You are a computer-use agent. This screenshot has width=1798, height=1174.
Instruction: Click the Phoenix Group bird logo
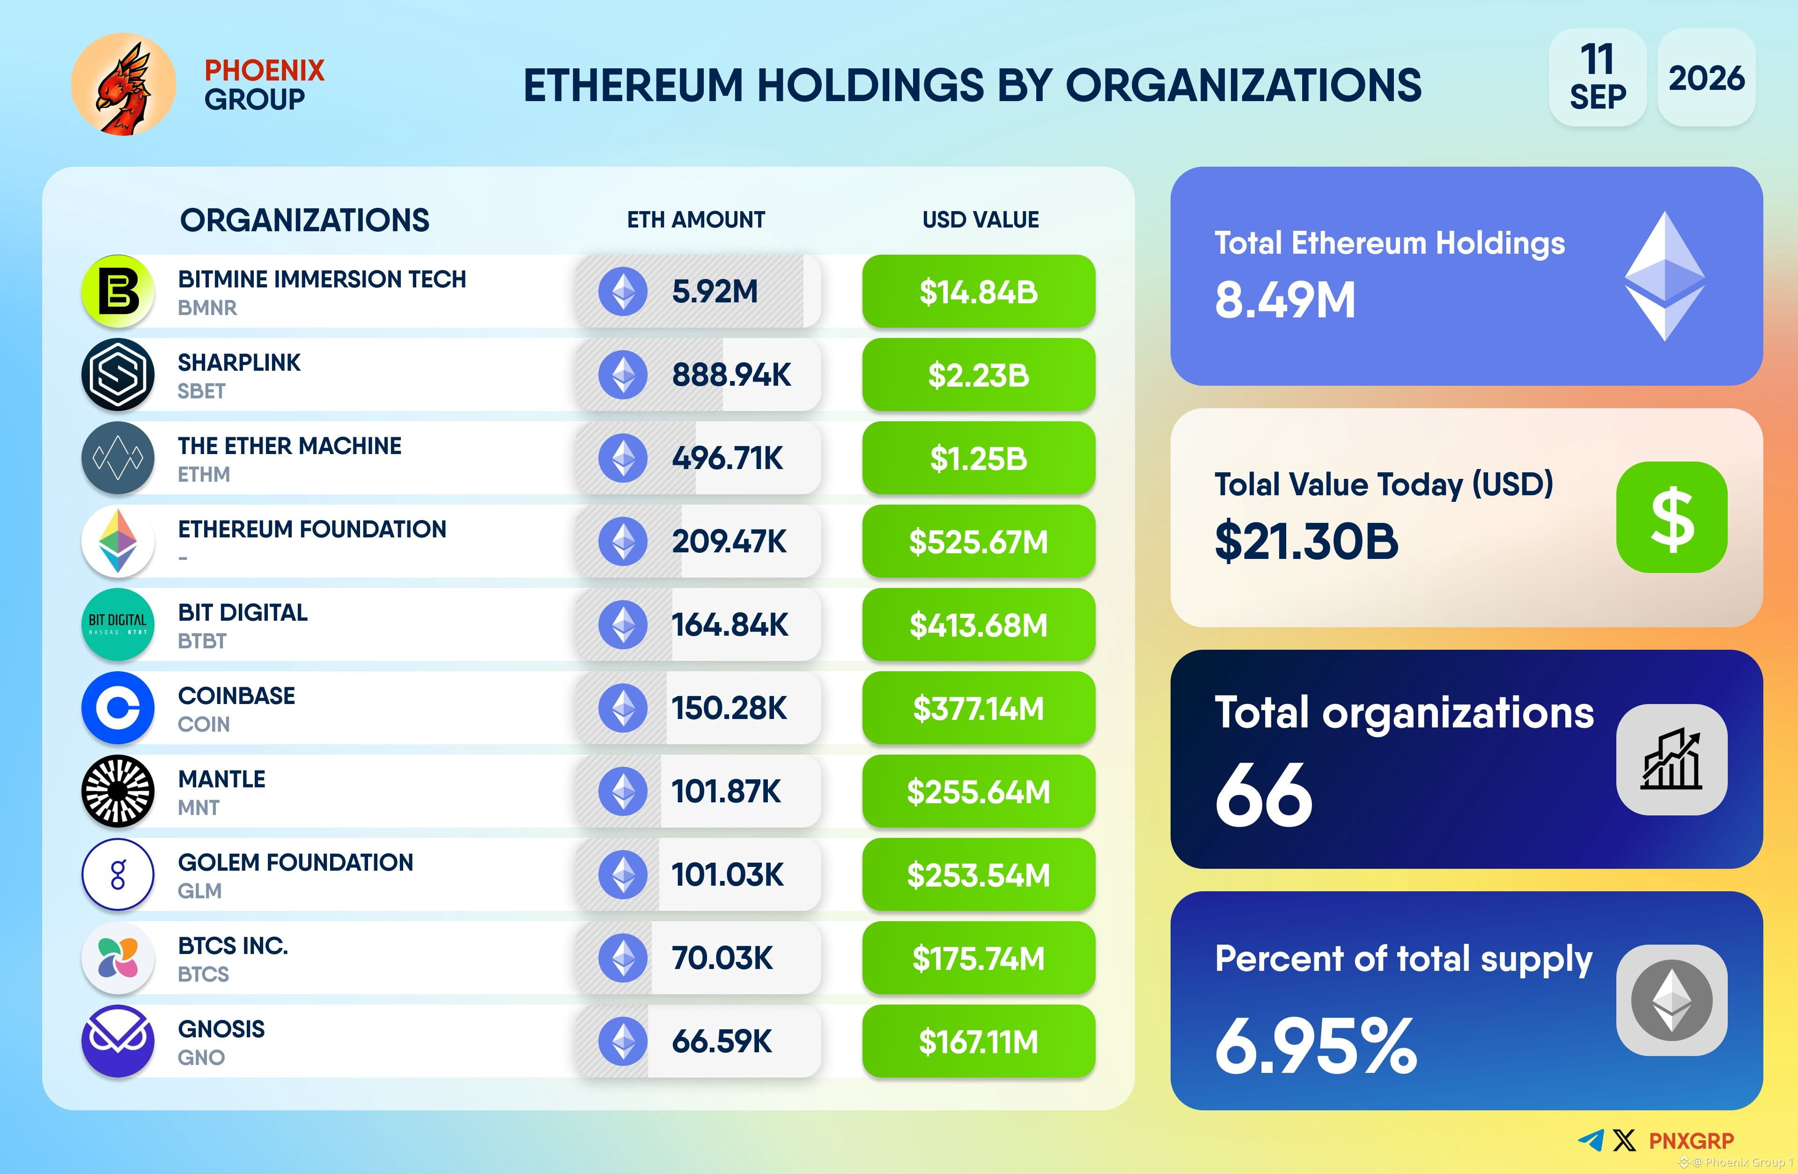coord(123,85)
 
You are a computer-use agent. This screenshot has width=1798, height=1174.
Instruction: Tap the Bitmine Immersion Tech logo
coord(118,291)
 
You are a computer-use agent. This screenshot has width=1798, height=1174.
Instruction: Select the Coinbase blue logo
coord(118,708)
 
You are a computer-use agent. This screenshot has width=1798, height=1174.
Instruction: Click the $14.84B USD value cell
coord(978,292)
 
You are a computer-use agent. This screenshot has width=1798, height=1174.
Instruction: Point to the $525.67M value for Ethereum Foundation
coord(978,542)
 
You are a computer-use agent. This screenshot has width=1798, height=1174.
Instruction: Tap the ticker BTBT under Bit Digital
coord(202,641)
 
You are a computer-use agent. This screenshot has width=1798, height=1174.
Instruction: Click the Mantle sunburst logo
coord(118,791)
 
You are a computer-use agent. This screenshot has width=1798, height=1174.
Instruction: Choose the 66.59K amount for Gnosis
coord(722,1041)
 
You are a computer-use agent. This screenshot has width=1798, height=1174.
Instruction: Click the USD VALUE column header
coord(980,220)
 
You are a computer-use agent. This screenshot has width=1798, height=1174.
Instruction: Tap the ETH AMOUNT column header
coord(696,220)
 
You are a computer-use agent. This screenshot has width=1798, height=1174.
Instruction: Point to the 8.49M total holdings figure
coord(1285,300)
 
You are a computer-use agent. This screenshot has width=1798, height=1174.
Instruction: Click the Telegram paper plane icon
coord(1591,1140)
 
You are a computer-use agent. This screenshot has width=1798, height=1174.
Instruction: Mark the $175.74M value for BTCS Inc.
coord(978,958)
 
